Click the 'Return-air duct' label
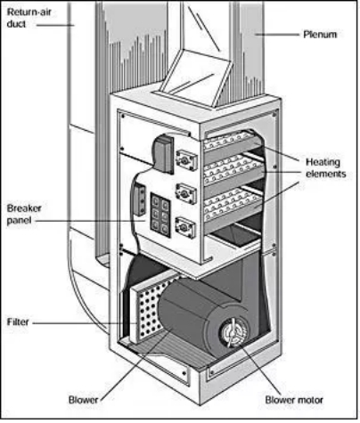tap(29, 18)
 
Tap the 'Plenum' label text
tap(320, 35)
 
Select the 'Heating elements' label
tap(326, 167)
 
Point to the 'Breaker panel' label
tap(24, 215)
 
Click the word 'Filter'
tap(18, 322)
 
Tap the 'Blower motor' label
tap(294, 400)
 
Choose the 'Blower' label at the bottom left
tap(83, 400)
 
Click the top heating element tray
tap(230, 142)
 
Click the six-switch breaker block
tap(160, 215)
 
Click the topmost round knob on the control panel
tap(186, 160)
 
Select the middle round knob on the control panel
tap(186, 194)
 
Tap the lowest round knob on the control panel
tap(186, 227)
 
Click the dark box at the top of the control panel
tap(163, 154)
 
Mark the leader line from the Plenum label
tap(277, 35)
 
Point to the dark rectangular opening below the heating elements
tap(236, 234)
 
